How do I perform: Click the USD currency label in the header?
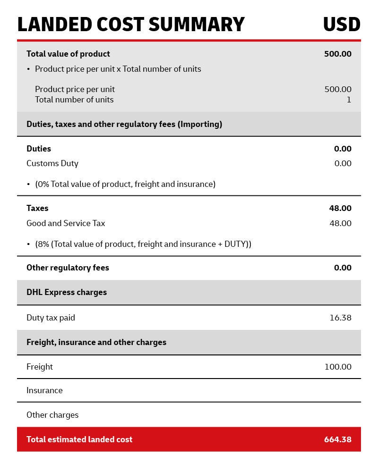tap(341, 25)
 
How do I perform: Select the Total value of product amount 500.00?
tap(337, 54)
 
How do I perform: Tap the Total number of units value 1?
tap(349, 100)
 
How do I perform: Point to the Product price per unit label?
tap(75, 89)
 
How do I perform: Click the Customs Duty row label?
tap(52, 163)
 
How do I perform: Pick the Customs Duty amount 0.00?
tap(343, 163)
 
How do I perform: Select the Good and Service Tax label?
tap(66, 223)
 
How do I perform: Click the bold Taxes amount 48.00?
tap(340, 208)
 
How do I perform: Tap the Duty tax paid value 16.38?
tap(340, 318)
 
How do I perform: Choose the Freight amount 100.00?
tap(338, 367)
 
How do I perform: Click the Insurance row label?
tap(44, 390)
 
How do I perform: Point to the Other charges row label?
tap(52, 415)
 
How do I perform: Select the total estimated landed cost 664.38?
tap(337, 439)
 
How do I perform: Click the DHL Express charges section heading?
tap(67, 292)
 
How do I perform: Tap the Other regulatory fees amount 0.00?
tap(343, 268)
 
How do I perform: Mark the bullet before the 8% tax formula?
tap(28, 244)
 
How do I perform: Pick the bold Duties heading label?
tap(39, 149)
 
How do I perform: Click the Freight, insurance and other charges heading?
tap(96, 342)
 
